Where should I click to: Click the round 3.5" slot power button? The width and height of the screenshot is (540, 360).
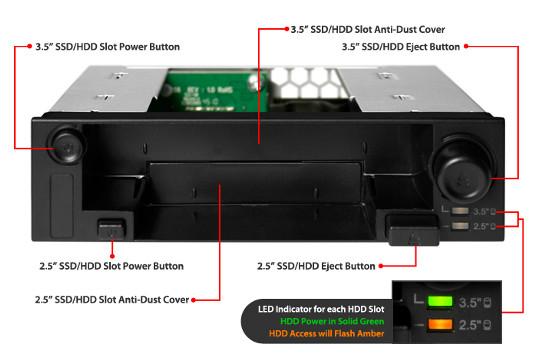67,146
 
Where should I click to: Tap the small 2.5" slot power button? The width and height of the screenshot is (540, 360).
111,229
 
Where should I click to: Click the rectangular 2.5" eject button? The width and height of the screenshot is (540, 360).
413,231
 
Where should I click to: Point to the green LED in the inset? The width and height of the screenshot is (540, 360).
440,301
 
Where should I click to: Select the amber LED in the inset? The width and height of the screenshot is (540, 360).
440,324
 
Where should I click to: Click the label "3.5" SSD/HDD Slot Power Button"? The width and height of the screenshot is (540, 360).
107,47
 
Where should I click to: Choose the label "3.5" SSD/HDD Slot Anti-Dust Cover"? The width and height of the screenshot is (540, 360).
368,30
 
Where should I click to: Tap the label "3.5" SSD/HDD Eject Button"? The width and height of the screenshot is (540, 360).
401,47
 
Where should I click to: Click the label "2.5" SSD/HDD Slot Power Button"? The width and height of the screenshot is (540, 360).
111,266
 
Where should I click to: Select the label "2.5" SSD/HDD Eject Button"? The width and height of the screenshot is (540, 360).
316,266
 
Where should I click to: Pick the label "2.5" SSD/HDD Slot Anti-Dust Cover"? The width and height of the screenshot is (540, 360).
112,300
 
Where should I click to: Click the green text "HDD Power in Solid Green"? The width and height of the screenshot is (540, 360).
332,321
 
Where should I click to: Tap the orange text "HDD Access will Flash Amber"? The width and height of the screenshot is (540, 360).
326,333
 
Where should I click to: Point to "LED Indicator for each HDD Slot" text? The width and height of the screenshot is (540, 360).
321,309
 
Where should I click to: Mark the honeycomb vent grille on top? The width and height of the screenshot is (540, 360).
305,82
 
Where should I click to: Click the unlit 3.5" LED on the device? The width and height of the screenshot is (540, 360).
460,211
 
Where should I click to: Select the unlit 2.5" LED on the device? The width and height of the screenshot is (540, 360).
460,226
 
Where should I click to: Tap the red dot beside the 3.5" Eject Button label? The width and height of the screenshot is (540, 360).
466,46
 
